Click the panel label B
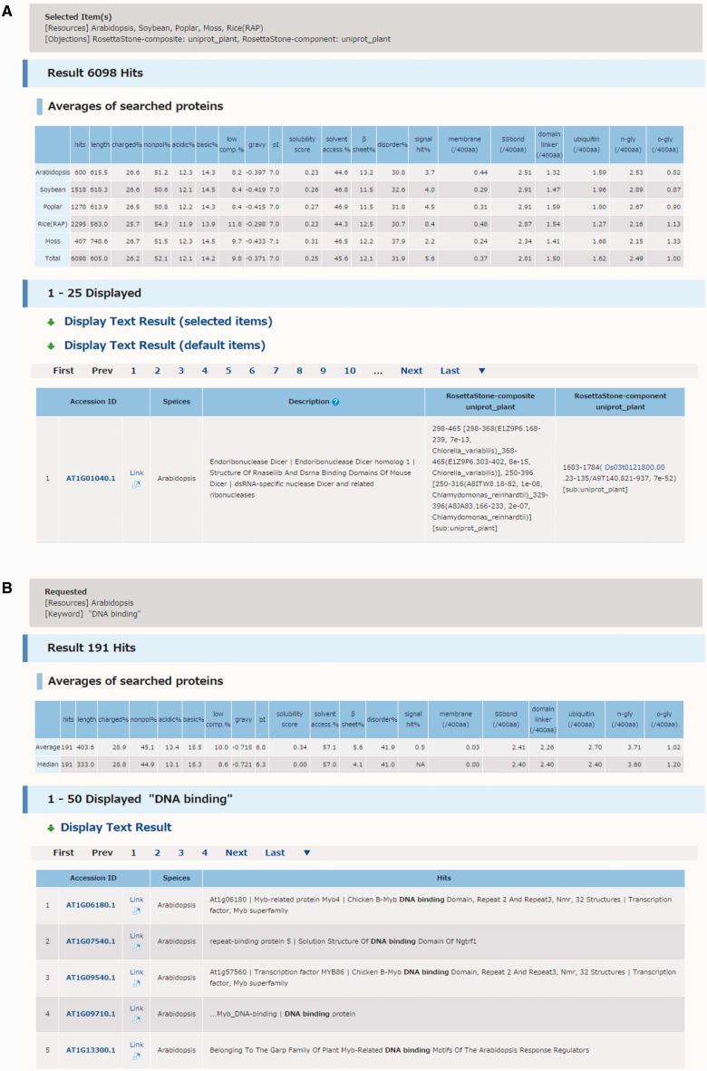[7, 589]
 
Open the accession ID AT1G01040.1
[91, 478]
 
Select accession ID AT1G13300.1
[91, 1050]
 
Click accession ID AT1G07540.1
[91, 941]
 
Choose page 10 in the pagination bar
[349, 371]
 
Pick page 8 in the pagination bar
[299, 371]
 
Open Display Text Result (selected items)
[168, 322]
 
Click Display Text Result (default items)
[164, 346]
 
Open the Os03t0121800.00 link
[634, 467]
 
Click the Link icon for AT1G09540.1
[136, 978]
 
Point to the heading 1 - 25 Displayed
[93, 294]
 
